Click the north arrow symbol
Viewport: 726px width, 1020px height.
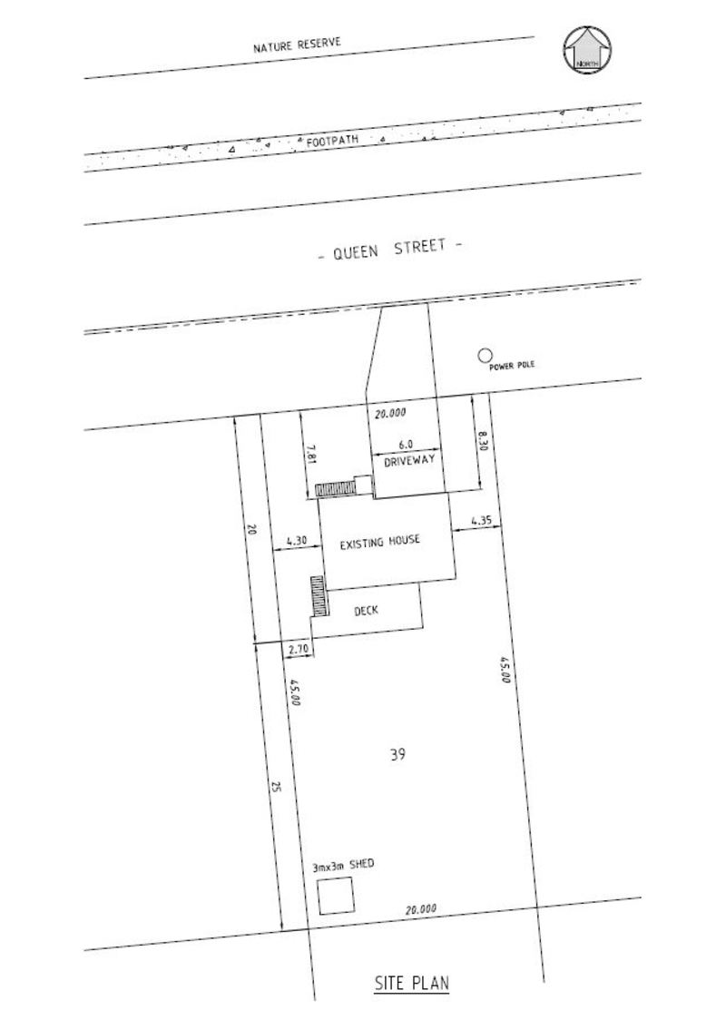(x=587, y=49)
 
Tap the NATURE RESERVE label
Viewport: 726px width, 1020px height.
(x=297, y=44)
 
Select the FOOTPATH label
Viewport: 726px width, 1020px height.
(x=332, y=140)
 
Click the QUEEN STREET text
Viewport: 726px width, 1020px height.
(x=390, y=250)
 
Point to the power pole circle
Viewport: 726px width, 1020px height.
(x=484, y=356)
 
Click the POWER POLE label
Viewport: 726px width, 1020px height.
(x=512, y=366)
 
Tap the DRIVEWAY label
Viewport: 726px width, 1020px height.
(x=409, y=461)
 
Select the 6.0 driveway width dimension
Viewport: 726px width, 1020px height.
(x=406, y=445)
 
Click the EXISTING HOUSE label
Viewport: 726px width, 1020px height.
(x=380, y=541)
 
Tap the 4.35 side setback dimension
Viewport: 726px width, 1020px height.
(x=481, y=521)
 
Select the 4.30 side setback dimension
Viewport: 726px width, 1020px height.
(x=296, y=540)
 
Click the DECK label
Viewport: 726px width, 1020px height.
(x=366, y=611)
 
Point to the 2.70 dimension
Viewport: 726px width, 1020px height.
(x=298, y=649)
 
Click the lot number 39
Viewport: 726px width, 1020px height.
(x=398, y=754)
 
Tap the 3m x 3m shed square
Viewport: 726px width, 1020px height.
(x=336, y=896)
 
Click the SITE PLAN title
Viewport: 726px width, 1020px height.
(x=412, y=982)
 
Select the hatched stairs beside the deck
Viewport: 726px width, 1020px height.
(x=319, y=596)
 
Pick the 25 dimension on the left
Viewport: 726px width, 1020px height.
(x=275, y=788)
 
